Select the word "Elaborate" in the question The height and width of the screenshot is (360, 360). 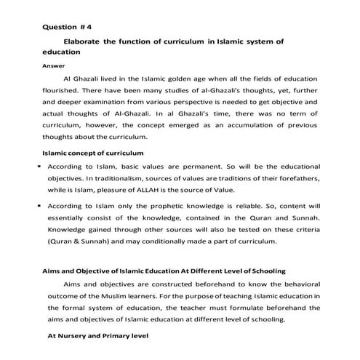pos(86,43)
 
